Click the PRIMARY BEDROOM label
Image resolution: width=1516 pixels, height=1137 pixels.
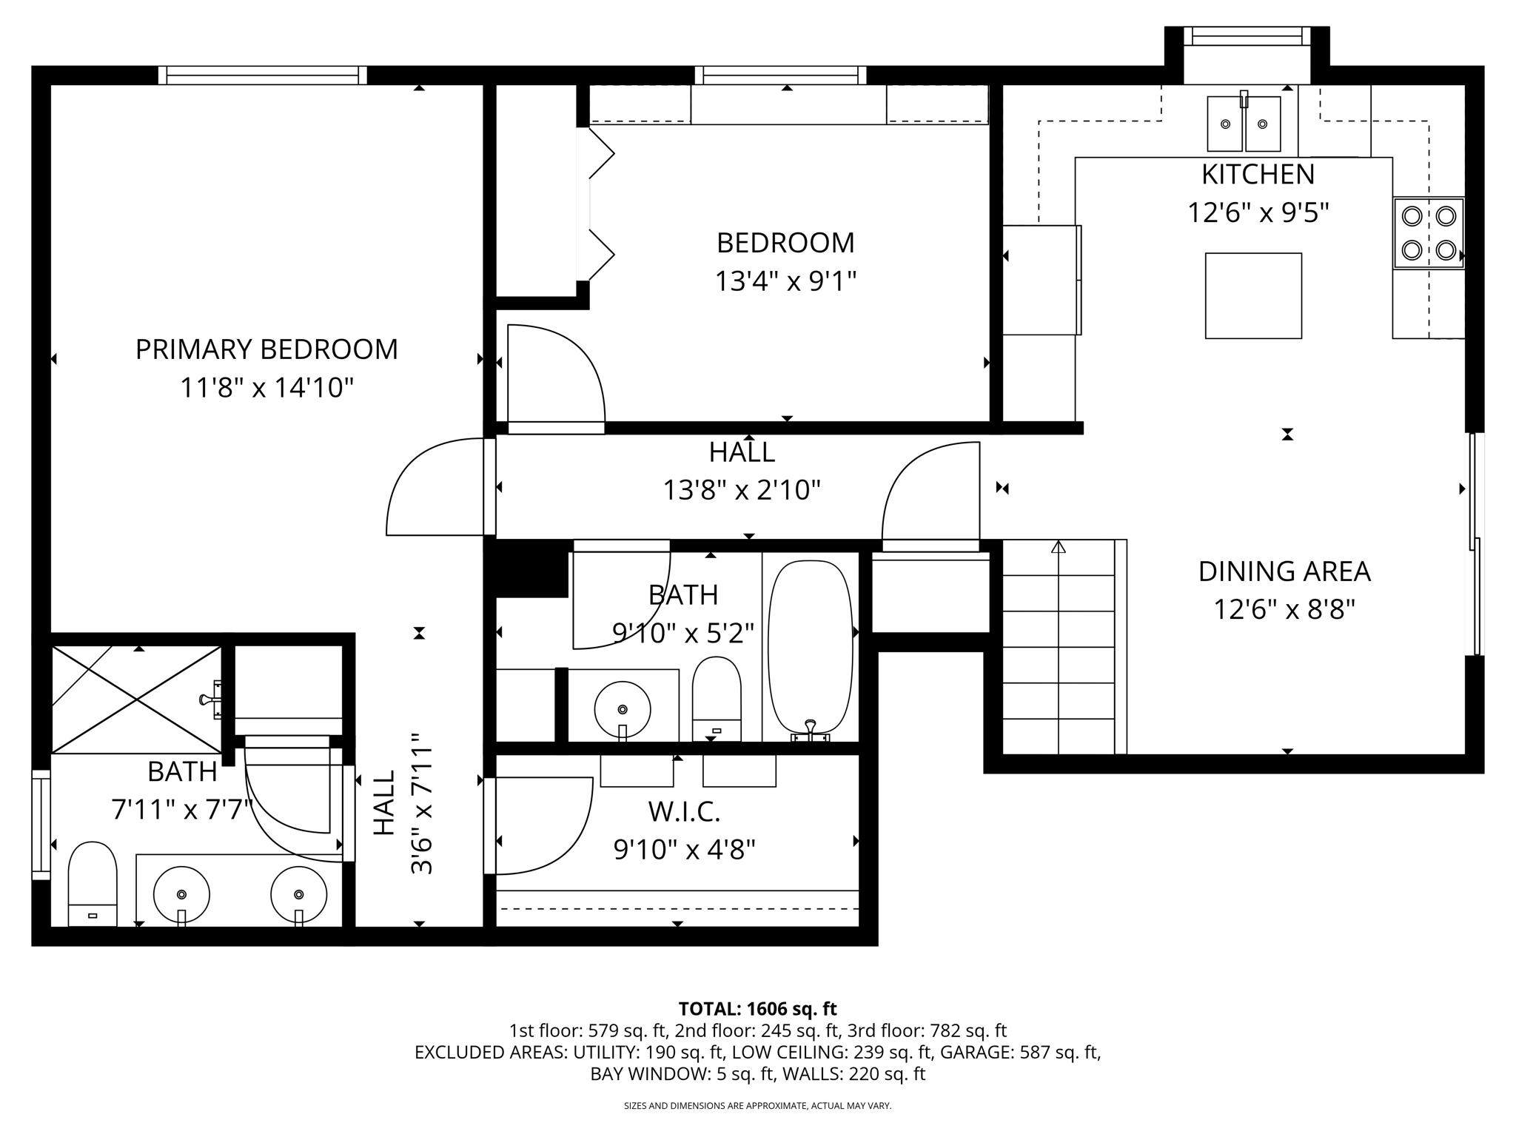point(266,349)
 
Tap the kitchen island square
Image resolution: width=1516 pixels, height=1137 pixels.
point(1253,296)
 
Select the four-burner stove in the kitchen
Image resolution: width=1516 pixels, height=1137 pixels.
point(1429,233)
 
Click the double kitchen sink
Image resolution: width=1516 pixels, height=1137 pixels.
point(1244,124)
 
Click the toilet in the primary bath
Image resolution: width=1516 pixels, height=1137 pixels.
point(93,883)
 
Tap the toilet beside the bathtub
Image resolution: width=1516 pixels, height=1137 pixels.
point(717,698)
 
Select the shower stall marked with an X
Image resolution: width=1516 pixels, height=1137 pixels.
point(137,699)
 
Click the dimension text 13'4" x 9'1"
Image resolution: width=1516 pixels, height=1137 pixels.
point(785,282)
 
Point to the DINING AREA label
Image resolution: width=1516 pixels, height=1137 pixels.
point(1284,571)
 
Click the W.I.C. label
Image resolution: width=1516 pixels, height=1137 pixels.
point(684,812)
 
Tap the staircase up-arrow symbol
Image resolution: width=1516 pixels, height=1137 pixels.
point(1059,548)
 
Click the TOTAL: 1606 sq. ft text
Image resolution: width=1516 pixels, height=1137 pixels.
point(757,1009)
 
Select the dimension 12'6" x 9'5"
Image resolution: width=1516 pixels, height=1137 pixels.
point(1258,213)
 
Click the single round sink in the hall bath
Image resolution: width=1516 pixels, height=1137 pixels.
point(623,709)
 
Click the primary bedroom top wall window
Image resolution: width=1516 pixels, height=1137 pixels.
point(263,75)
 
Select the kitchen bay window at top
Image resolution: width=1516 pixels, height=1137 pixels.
point(1247,36)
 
